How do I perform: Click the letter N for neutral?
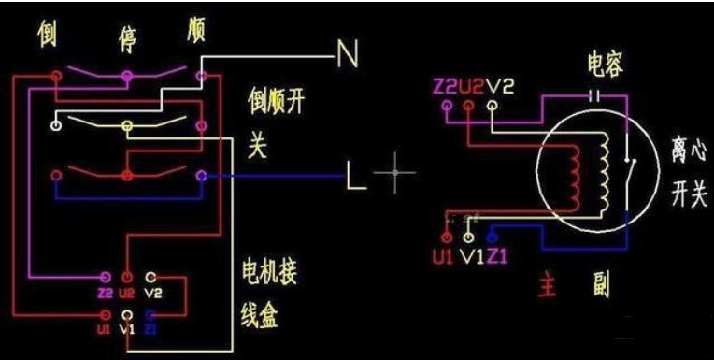click(x=348, y=54)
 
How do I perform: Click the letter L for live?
click(x=356, y=176)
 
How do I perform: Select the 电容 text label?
click(x=606, y=65)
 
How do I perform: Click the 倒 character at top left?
click(x=48, y=34)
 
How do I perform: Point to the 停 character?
click(x=127, y=39)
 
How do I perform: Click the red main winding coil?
click(x=575, y=179)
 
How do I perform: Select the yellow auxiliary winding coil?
click(x=605, y=172)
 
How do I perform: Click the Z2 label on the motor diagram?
click(x=446, y=87)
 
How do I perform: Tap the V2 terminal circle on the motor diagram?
click(x=492, y=106)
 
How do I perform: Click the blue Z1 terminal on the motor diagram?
click(x=492, y=237)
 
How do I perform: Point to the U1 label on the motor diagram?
click(x=443, y=256)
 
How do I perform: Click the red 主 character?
click(x=548, y=284)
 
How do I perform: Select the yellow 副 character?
click(x=603, y=284)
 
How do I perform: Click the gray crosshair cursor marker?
click(x=394, y=173)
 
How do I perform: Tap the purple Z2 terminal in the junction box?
click(x=106, y=277)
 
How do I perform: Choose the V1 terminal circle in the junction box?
click(x=128, y=315)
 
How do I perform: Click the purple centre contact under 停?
click(x=127, y=76)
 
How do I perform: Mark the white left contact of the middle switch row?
click(x=56, y=125)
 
